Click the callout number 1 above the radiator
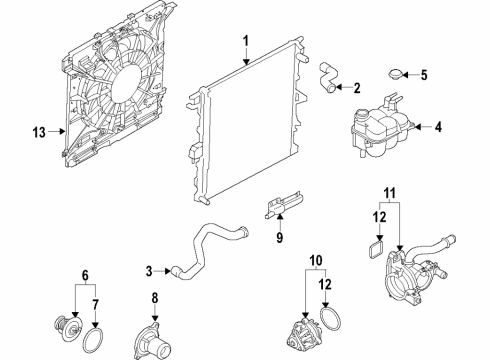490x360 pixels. click(x=243, y=41)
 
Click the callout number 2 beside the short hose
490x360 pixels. click(x=357, y=88)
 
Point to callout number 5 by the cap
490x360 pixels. click(x=423, y=75)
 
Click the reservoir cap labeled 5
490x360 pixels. click(x=396, y=75)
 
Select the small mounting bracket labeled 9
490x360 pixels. click(x=278, y=206)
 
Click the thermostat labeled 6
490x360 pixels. click(x=67, y=326)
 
